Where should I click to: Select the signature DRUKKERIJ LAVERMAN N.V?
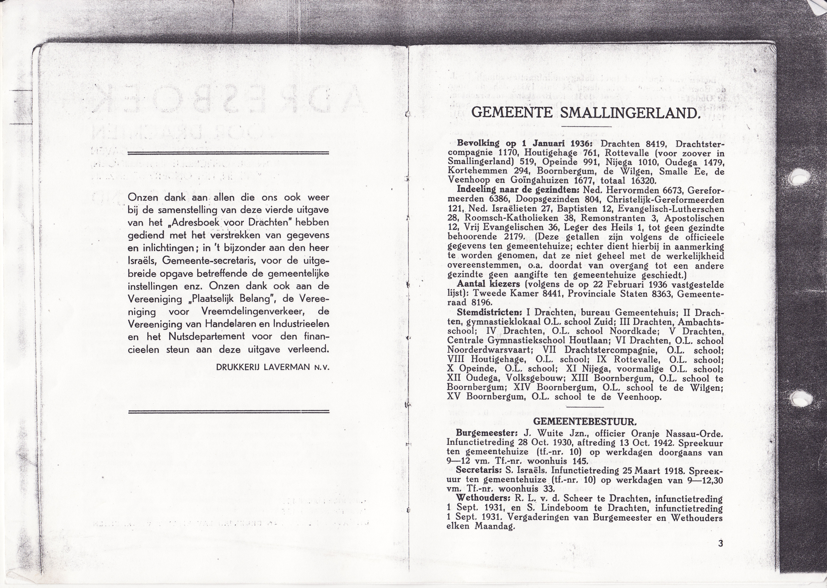pos(273,367)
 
